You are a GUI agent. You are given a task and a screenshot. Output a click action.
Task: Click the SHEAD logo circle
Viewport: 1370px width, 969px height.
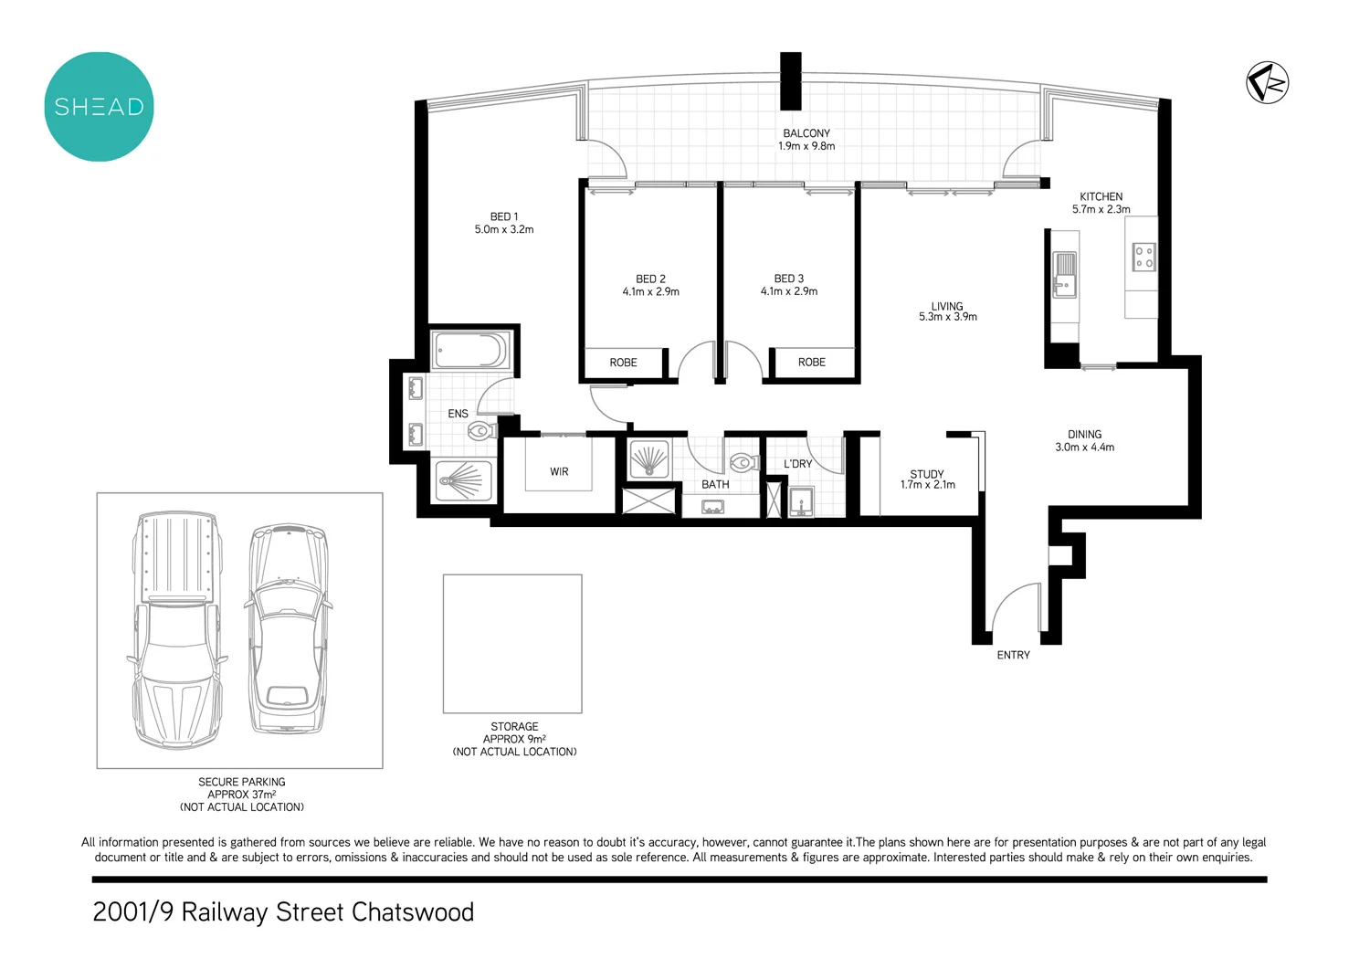(99, 107)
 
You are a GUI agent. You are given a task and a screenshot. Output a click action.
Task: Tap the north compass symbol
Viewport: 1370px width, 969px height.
(1267, 83)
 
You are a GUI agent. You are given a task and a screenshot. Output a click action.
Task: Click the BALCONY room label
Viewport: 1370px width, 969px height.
(806, 133)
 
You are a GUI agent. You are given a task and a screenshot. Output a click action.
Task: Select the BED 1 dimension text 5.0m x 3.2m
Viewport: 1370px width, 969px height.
(504, 230)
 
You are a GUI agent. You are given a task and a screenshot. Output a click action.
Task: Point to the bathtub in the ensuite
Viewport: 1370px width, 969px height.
(470, 351)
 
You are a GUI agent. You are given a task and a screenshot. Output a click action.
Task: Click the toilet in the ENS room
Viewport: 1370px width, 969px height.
(481, 430)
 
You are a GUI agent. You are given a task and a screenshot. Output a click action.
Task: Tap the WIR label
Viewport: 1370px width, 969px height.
(559, 472)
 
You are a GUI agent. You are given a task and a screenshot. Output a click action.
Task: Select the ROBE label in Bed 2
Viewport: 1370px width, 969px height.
(623, 363)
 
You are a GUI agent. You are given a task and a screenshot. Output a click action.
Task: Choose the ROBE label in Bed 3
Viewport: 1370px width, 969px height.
(811, 363)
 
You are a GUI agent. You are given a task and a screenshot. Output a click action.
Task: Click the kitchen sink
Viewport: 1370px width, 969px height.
(1065, 275)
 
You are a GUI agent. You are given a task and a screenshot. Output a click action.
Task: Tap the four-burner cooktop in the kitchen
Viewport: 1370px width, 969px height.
(1143, 257)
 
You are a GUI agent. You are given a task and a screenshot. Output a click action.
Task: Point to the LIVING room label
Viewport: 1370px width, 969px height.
(947, 306)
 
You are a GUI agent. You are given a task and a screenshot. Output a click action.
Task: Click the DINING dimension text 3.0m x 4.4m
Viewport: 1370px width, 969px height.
(1084, 448)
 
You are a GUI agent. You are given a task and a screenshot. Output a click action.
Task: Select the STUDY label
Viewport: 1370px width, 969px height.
(927, 474)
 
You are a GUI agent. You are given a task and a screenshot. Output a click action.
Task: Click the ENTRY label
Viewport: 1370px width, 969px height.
(1013, 655)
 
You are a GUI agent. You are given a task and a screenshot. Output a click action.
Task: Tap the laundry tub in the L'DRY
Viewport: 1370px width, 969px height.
(801, 502)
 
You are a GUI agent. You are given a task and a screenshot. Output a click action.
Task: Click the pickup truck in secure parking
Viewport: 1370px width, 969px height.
(175, 630)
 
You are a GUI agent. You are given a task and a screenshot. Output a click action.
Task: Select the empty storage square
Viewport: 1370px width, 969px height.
(512, 644)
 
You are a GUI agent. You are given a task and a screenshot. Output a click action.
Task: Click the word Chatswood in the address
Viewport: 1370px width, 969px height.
(413, 912)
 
